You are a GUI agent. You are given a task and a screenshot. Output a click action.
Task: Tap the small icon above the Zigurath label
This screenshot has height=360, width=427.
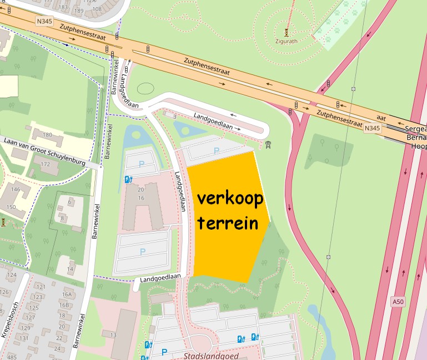click(287, 32)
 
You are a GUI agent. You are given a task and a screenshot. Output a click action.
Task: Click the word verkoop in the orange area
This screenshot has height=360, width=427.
click(229, 199)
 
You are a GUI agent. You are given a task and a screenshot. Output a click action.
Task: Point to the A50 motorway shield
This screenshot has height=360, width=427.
click(397, 302)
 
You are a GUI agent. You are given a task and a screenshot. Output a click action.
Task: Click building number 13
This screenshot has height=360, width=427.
click(113, 335)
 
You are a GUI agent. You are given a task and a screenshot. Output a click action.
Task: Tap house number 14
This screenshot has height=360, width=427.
click(71, 270)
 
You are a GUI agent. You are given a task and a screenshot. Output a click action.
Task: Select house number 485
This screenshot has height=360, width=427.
click(11, 357)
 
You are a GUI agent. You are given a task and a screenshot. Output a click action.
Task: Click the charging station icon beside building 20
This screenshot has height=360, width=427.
click(128, 179)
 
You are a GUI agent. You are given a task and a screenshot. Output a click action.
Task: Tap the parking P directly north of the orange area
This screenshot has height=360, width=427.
click(217, 150)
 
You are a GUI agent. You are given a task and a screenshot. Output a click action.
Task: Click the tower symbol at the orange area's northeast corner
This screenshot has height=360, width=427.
click(269, 145)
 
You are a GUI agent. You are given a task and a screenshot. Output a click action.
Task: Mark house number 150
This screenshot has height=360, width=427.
click(11, 207)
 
